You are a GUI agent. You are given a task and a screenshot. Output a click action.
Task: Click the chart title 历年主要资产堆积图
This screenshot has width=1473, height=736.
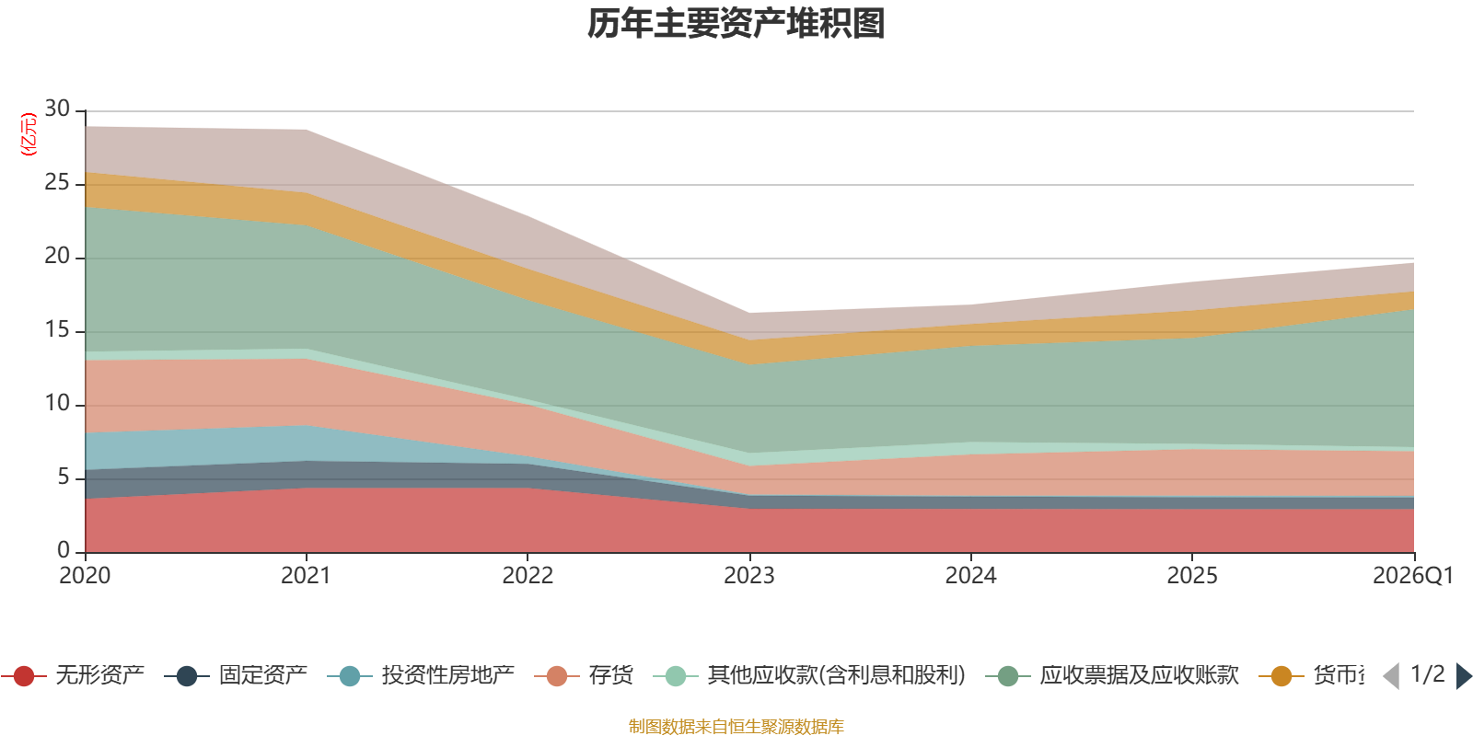point(736,24)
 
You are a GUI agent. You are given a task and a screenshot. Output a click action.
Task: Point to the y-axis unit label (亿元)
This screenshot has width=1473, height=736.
point(29,134)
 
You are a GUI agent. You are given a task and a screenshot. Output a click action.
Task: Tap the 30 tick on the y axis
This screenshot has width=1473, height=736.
point(57,109)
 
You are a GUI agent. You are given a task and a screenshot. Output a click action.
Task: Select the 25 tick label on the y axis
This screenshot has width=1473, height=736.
point(57,183)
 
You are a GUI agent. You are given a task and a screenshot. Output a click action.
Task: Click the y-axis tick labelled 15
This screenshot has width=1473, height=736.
point(57,330)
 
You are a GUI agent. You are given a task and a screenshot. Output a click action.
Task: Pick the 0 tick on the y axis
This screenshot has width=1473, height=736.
point(63,550)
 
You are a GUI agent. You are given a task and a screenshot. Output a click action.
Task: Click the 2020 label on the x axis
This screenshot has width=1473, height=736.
point(85,576)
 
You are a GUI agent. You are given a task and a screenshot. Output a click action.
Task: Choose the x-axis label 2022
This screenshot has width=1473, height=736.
point(528,576)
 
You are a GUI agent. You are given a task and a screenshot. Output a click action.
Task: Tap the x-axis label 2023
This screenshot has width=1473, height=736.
point(748,576)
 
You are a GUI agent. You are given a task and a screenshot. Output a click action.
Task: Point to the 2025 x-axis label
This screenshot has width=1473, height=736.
point(1192,576)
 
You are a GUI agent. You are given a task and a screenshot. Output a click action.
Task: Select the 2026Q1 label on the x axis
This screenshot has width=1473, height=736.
point(1412,576)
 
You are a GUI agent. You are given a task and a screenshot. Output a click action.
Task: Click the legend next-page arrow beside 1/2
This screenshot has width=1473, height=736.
point(1464,676)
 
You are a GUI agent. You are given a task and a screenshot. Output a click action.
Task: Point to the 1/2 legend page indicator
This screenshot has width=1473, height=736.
point(1427,674)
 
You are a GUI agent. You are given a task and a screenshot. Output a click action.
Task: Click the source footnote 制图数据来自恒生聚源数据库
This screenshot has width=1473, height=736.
point(736,727)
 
